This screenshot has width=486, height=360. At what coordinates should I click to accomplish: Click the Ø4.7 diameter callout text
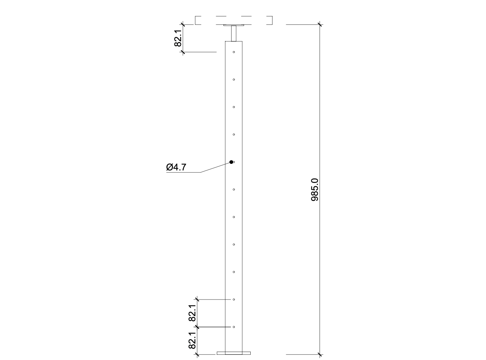[x=176, y=167]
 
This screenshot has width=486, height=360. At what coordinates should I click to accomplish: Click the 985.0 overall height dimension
[x=315, y=190]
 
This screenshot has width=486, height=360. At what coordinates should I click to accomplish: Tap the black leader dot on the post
[x=231, y=162]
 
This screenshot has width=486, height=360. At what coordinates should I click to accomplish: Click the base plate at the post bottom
[x=234, y=353]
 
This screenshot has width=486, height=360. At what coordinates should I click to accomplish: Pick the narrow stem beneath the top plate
[x=234, y=33]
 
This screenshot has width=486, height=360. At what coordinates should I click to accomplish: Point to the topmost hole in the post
[x=234, y=52]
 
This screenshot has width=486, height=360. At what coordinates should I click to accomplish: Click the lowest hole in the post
[x=234, y=327]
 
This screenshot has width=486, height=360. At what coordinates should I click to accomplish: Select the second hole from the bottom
[x=234, y=299]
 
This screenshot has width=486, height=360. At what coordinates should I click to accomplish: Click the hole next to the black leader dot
[x=234, y=162]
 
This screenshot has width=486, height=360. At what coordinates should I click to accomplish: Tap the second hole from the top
[x=234, y=80]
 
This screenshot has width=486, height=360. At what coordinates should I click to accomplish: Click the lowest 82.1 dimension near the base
[x=192, y=341]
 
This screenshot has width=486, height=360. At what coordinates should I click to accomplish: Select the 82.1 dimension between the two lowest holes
[x=192, y=313]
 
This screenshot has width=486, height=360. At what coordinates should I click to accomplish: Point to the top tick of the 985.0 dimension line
[x=320, y=24]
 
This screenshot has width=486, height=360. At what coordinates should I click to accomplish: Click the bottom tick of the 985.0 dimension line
[x=320, y=355]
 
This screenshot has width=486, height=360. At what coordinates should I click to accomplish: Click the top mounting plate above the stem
[x=234, y=25]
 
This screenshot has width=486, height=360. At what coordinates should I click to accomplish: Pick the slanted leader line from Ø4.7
[x=216, y=167]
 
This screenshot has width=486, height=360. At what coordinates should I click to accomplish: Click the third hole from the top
[x=234, y=107]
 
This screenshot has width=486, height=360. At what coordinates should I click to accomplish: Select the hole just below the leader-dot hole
[x=234, y=190]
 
